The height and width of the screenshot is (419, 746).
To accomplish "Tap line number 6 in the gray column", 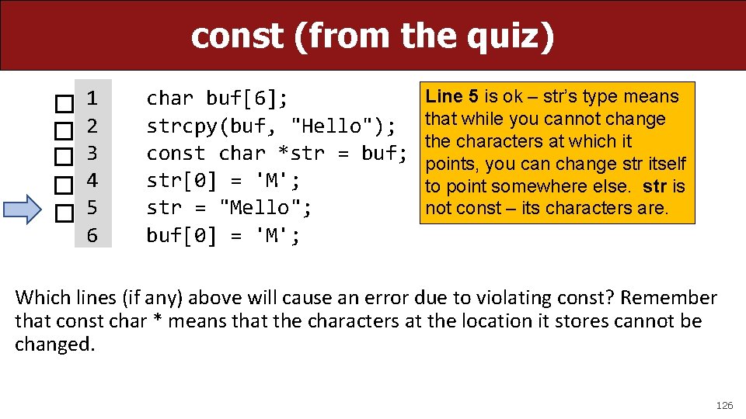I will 92,234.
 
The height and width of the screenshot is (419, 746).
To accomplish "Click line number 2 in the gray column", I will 92,126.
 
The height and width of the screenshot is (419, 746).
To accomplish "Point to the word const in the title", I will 237,36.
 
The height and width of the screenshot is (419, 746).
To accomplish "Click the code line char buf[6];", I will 218,99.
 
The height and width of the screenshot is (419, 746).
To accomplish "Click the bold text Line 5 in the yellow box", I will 451,97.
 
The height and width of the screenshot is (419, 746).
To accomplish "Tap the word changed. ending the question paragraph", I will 55,345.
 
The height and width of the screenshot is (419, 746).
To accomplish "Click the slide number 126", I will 724,405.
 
